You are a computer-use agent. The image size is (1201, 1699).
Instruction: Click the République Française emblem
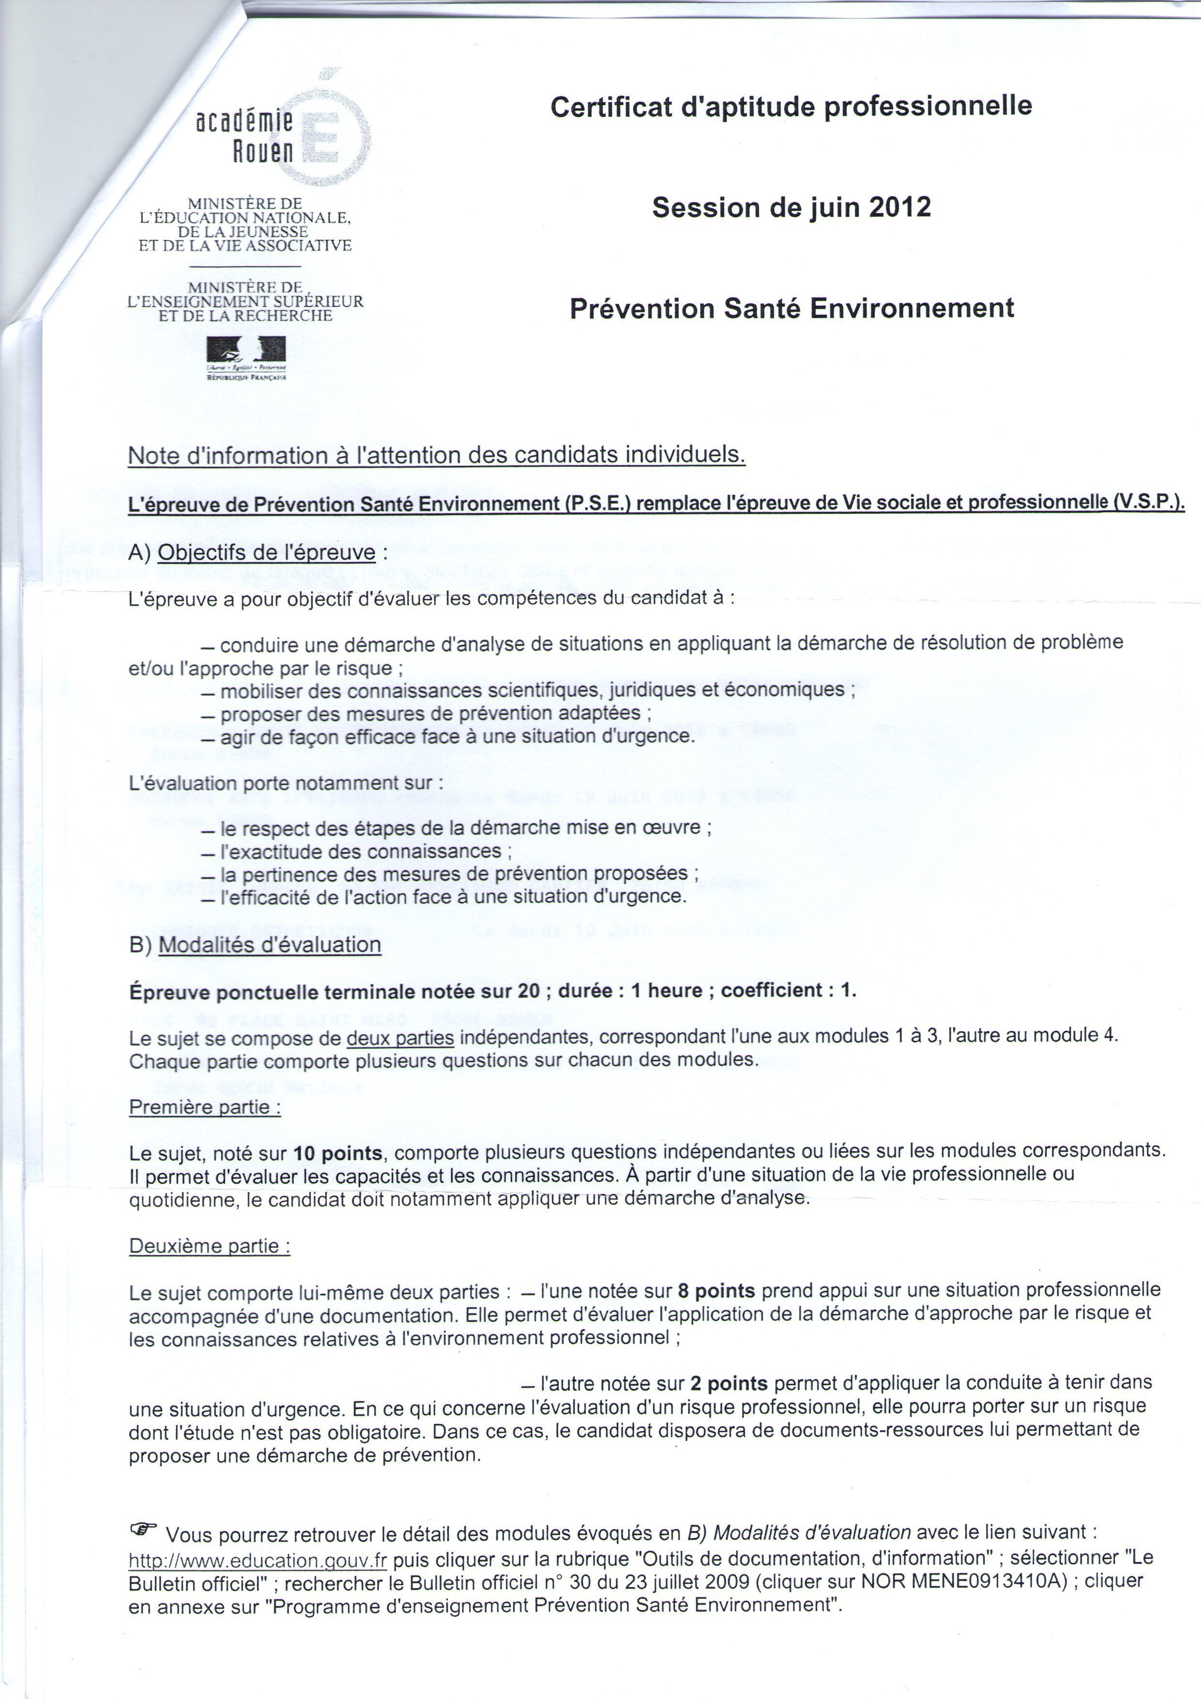(x=246, y=357)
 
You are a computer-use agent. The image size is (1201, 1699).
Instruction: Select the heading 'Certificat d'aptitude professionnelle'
(x=791, y=107)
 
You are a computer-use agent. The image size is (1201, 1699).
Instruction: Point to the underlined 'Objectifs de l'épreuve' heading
(x=266, y=553)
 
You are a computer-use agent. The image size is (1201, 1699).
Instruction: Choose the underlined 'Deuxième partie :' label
(x=210, y=1246)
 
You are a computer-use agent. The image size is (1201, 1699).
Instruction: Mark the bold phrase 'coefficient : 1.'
(x=788, y=990)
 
